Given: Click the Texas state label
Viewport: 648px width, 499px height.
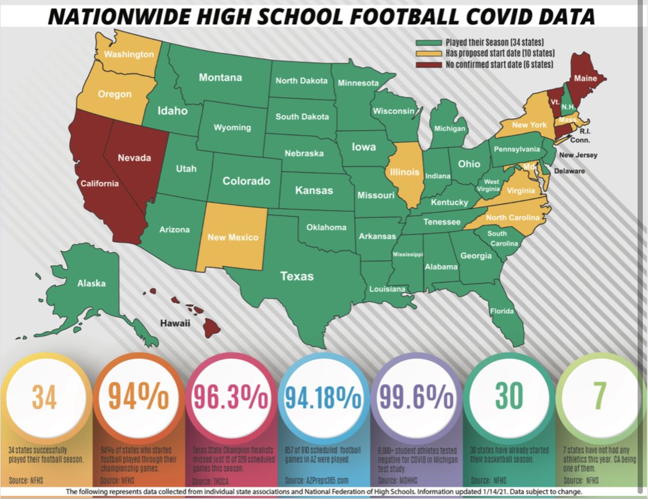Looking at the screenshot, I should coord(297,276).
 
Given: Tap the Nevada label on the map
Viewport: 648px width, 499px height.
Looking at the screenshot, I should coord(134,157).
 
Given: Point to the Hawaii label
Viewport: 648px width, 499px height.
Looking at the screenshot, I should coord(175,323).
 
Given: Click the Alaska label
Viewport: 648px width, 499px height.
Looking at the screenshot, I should coord(92,283).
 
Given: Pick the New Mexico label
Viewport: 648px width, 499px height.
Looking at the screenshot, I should coord(233,237).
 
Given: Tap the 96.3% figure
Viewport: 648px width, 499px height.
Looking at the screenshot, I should coord(230,397).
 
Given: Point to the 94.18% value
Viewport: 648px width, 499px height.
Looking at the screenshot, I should coord(323,397).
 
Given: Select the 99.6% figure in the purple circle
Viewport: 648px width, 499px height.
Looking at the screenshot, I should coord(415,397).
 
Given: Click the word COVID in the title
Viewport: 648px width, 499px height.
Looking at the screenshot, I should coord(482,17).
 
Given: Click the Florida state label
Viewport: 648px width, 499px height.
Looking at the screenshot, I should coord(502,311).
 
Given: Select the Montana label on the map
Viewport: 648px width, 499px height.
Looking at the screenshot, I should coord(220,78).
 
